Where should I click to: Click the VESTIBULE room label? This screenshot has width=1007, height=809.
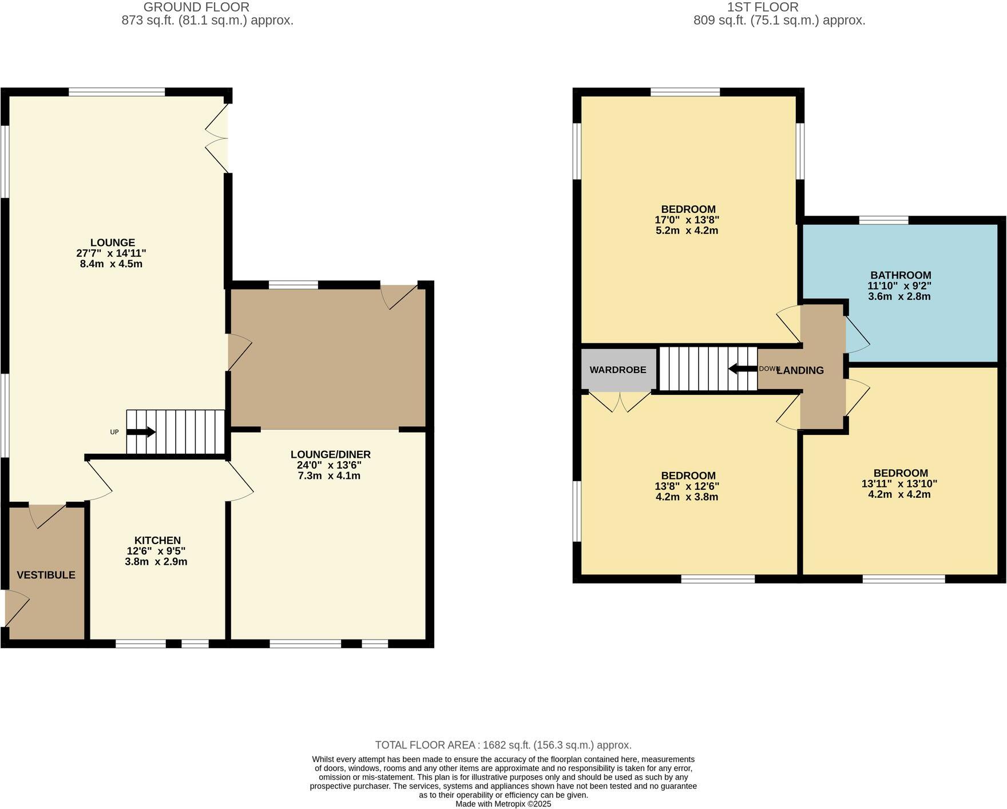coord(46,575)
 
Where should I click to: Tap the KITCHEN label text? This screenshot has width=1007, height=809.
coord(157,541)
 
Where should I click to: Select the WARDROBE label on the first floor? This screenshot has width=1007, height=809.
coord(618,370)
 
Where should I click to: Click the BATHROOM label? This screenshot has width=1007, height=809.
coord(901,275)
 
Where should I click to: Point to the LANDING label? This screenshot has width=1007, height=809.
coord(801,370)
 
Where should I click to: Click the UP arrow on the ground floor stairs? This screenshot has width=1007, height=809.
coord(141,432)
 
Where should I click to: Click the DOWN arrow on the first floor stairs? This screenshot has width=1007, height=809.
coord(742,369)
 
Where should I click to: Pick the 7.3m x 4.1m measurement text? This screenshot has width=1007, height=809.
coord(329,475)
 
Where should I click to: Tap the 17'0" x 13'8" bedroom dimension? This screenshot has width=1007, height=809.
coord(687,220)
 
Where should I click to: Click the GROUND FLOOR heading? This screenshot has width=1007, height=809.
coord(196,7)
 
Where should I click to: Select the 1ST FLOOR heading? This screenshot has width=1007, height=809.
coord(762,7)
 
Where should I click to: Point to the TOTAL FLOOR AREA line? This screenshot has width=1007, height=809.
coord(503,745)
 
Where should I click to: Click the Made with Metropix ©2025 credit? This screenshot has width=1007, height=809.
coord(503,804)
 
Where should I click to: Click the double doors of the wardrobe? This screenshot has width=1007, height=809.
coord(620,401)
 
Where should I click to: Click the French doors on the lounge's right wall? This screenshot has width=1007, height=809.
coord(218,138)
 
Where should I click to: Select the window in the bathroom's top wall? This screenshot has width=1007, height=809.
coord(883,220)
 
